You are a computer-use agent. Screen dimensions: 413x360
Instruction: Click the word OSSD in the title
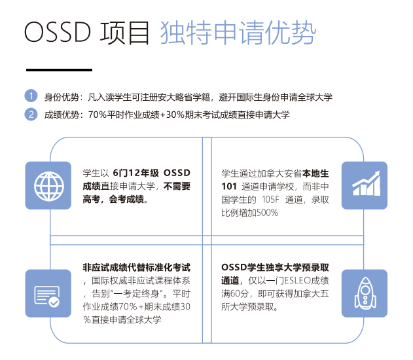coord(58,32)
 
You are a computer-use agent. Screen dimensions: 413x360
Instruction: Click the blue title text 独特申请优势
coord(238,32)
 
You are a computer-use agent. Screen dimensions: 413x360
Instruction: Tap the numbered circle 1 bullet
coord(31,96)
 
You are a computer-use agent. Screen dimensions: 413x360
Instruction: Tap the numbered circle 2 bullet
coord(31,115)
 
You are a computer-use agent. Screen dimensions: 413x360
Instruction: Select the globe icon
coord(48,186)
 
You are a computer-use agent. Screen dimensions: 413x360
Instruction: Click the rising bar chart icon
coord(367,183)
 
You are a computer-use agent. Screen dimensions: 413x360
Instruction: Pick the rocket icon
coord(365,293)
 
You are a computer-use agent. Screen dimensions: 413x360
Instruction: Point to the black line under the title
coord(59,70)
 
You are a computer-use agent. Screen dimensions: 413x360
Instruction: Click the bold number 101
coord(229,187)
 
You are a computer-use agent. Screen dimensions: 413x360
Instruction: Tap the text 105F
coord(270,200)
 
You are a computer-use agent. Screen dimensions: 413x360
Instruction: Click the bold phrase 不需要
coord(177,186)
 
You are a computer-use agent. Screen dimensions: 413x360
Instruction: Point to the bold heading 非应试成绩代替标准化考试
coord(136,267)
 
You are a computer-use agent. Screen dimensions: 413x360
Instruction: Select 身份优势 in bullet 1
coord(62,97)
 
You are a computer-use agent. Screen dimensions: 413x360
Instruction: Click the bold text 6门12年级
coord(136,173)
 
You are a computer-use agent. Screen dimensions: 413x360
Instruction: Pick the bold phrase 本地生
coord(315,173)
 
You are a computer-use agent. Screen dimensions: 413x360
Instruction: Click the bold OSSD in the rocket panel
coord(234,267)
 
